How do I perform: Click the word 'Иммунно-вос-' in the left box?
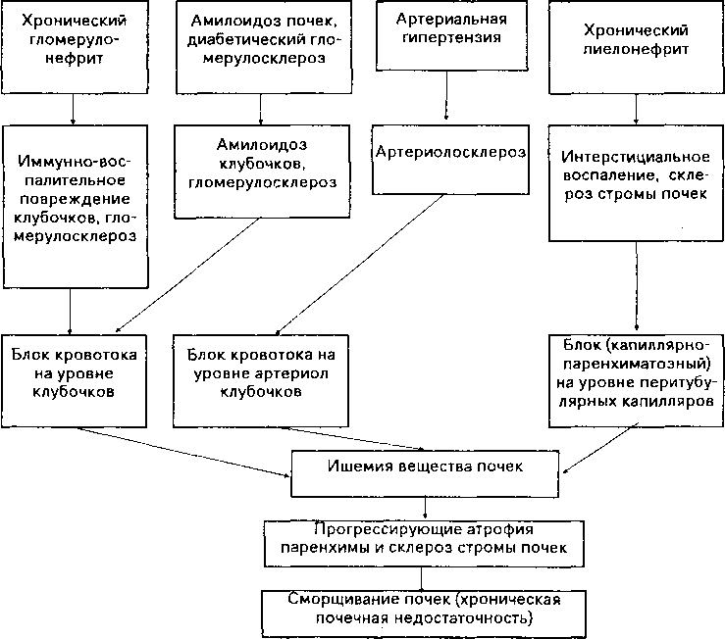click(x=75, y=162)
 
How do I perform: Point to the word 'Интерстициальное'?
click(x=636, y=157)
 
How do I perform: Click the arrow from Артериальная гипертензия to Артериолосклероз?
click(x=446, y=95)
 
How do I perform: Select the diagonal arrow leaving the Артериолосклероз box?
click(x=360, y=265)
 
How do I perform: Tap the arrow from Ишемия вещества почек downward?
click(x=425, y=508)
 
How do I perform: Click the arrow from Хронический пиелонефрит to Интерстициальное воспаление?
click(x=637, y=110)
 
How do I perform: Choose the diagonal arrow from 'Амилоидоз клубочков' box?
click(x=187, y=275)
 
